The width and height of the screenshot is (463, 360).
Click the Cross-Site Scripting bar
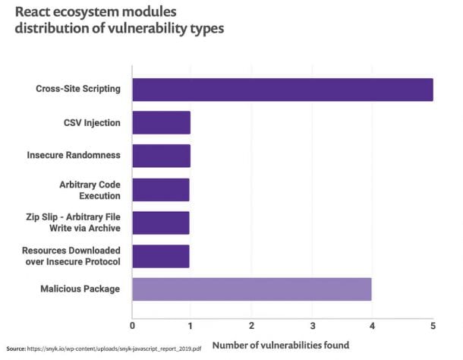(x=282, y=90)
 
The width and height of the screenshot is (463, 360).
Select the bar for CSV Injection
(x=161, y=122)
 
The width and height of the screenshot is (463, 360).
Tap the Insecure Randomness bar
(x=161, y=156)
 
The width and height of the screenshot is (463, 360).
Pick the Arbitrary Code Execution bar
(x=160, y=189)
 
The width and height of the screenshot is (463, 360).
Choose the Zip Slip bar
(x=160, y=223)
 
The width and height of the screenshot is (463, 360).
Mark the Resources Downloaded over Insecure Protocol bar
(x=160, y=256)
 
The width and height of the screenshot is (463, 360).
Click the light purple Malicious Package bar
(x=251, y=289)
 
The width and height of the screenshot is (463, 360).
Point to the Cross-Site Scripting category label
(x=78, y=89)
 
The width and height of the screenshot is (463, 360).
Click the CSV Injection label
(x=93, y=122)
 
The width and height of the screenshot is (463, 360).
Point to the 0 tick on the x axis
(x=133, y=326)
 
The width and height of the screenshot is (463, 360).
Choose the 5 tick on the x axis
(x=433, y=326)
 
